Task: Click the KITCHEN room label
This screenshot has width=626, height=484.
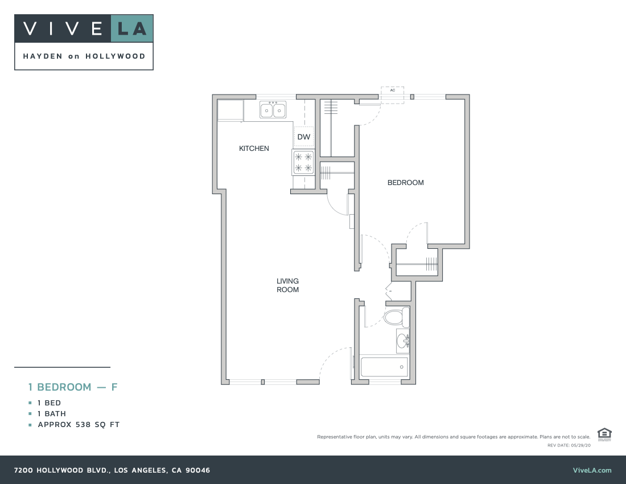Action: (x=254, y=149)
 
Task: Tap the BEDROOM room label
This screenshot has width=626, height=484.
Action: (x=405, y=183)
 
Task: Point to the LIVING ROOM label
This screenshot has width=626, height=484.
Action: (x=287, y=285)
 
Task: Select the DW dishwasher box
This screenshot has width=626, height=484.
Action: (x=304, y=137)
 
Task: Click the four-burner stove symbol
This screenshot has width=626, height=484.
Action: (x=303, y=162)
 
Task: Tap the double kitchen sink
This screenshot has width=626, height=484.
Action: (x=273, y=110)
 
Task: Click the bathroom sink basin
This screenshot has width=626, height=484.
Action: (x=402, y=341)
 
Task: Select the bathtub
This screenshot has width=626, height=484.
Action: (x=384, y=367)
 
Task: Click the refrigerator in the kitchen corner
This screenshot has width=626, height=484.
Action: (x=230, y=110)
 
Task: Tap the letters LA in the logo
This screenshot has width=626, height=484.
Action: (x=132, y=28)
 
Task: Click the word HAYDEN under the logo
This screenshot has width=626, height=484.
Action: (x=43, y=56)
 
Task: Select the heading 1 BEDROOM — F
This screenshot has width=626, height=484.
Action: (x=73, y=387)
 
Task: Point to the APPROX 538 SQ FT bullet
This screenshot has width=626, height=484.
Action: (x=79, y=425)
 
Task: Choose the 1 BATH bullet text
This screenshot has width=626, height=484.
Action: (x=52, y=414)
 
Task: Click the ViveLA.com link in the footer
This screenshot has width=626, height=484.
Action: (x=592, y=470)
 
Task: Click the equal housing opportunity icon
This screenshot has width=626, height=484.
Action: (x=604, y=434)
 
